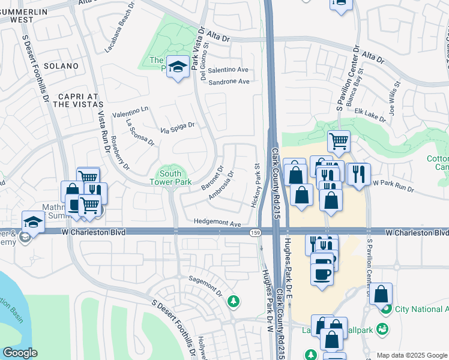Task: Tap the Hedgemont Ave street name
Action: pos(217,223)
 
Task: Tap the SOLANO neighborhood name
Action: pos(60,65)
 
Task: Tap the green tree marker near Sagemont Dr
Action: pos(234,302)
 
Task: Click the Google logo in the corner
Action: pos(20,353)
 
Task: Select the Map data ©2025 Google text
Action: pos(412,355)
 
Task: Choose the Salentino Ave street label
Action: pos(228,70)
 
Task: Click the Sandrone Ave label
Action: pos(228,82)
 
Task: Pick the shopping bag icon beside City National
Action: pos(381,294)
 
